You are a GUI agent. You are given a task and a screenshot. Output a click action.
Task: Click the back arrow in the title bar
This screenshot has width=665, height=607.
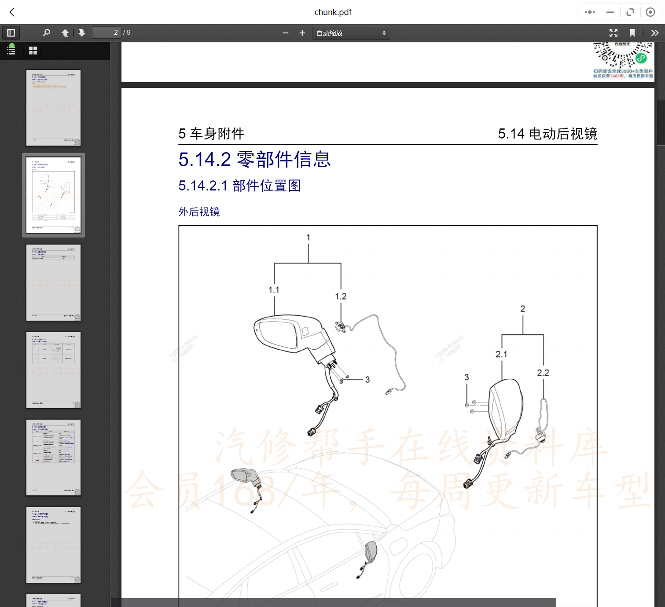(12, 12)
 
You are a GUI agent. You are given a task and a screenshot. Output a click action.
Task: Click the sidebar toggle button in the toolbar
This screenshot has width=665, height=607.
(11, 33)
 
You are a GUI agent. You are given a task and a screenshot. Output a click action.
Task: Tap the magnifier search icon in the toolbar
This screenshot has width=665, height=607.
(46, 33)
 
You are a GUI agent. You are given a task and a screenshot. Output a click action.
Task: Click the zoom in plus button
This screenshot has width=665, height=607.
(302, 33)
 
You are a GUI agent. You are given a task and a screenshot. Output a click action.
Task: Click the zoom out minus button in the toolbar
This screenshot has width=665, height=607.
(285, 33)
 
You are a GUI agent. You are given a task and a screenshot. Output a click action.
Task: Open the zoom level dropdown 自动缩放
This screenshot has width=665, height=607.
(351, 33)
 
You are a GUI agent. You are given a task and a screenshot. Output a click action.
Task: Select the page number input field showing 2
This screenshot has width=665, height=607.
(107, 33)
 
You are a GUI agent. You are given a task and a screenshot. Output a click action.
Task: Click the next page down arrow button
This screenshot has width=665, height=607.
(81, 33)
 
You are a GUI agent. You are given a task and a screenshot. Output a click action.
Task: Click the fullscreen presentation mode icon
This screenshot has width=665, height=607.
(614, 33)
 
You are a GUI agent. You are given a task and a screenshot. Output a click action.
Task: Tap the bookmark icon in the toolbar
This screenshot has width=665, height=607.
(632, 33)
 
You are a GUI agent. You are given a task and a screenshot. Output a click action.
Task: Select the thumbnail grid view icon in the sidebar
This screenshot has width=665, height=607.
(33, 51)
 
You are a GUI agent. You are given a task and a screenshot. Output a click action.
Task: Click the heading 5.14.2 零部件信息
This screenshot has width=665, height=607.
(254, 159)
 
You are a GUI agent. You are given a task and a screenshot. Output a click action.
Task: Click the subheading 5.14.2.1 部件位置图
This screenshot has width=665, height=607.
(239, 186)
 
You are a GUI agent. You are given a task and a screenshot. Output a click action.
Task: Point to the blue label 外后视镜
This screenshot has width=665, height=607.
(199, 212)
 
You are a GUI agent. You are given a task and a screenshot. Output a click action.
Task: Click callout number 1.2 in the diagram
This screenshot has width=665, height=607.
(341, 296)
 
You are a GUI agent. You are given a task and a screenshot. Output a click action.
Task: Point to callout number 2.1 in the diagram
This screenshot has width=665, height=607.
(501, 354)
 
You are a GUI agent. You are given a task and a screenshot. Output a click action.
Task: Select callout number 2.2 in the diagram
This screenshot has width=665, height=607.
(543, 373)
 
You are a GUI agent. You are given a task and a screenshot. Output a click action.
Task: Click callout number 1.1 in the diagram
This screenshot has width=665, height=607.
(274, 290)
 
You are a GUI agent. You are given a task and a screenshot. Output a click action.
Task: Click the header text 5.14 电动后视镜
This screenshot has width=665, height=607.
(547, 134)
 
